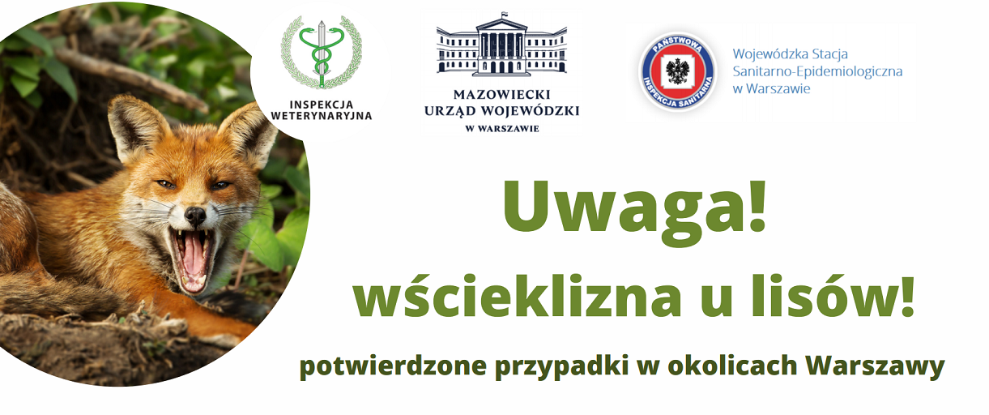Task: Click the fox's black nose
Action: click(x=194, y=216)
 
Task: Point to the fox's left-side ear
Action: click(x=135, y=126)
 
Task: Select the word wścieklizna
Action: click(x=517, y=296)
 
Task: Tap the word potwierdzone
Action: click(x=393, y=366)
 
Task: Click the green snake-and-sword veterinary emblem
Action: click(x=322, y=53)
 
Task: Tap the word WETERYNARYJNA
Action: click(x=322, y=116)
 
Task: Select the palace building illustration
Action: click(x=501, y=45)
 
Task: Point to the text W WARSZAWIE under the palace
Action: click(x=502, y=129)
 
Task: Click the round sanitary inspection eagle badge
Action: click(x=678, y=71)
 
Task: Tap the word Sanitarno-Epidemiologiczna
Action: click(x=817, y=71)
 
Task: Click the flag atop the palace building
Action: click(x=503, y=15)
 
